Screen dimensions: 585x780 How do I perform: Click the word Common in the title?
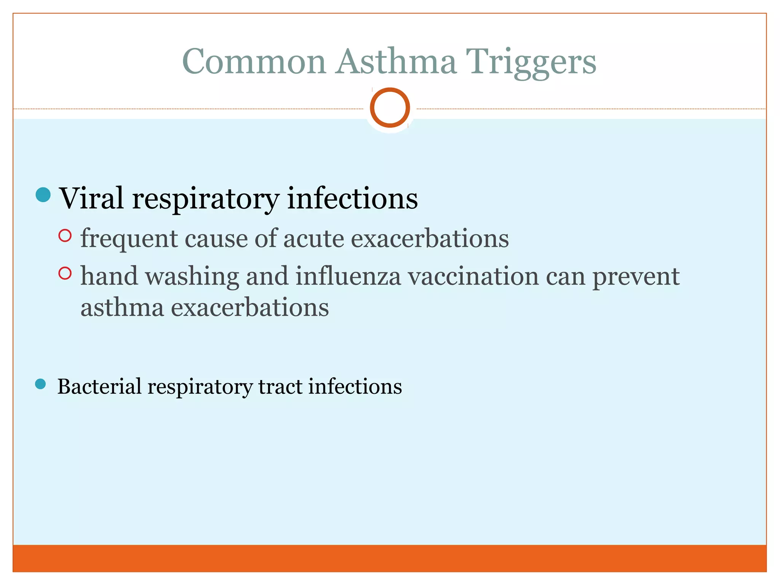click(x=254, y=62)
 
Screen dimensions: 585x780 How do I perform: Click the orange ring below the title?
click(x=390, y=107)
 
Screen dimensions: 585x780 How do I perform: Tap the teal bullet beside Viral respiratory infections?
click(x=43, y=195)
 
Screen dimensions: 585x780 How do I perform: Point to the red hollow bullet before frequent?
click(x=65, y=236)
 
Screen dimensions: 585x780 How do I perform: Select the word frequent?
click(x=129, y=239)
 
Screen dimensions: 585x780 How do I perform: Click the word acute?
click(x=313, y=239)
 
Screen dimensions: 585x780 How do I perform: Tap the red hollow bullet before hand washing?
click(x=65, y=273)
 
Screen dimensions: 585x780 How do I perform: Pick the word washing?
click(x=192, y=277)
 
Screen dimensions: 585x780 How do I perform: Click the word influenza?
click(x=348, y=277)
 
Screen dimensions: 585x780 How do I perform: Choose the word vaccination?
click(x=473, y=277)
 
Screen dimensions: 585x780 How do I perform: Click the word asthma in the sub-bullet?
click(x=122, y=308)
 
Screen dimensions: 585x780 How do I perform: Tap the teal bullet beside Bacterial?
click(x=40, y=384)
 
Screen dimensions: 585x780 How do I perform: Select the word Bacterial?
click(x=99, y=387)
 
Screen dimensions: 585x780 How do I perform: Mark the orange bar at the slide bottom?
click(x=390, y=558)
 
